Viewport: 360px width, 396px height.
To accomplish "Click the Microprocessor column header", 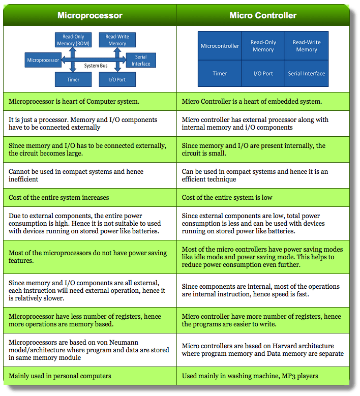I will click(x=90, y=15).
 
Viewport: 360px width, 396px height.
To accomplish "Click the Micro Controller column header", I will click(x=263, y=15).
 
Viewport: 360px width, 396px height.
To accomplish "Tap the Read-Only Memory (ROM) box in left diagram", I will click(x=73, y=40).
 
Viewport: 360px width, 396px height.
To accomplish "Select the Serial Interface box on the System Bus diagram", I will click(x=141, y=60).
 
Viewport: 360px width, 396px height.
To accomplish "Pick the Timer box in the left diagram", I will click(x=73, y=80).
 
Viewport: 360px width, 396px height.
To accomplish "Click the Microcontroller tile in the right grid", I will click(x=220, y=46).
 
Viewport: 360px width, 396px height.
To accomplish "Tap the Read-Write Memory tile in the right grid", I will click(x=307, y=46).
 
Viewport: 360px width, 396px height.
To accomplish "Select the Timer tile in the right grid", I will click(x=220, y=74).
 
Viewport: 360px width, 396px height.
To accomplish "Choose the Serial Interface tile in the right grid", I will click(x=307, y=74).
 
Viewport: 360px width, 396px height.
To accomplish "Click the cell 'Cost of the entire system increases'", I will click(x=59, y=197).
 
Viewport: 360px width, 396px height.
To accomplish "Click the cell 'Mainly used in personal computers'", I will click(x=60, y=376).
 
